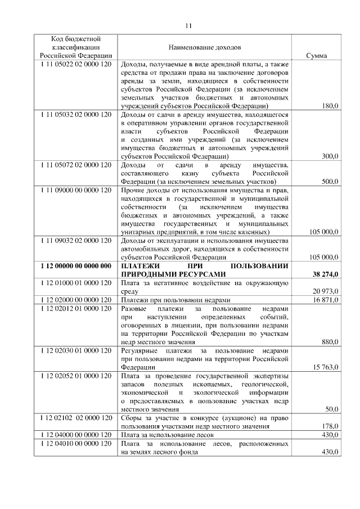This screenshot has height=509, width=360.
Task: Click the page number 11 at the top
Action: [188, 25]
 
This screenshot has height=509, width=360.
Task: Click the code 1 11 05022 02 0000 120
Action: [76, 65]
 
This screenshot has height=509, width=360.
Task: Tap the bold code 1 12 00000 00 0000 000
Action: [76, 266]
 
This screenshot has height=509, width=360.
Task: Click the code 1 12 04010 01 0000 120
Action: [76, 444]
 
